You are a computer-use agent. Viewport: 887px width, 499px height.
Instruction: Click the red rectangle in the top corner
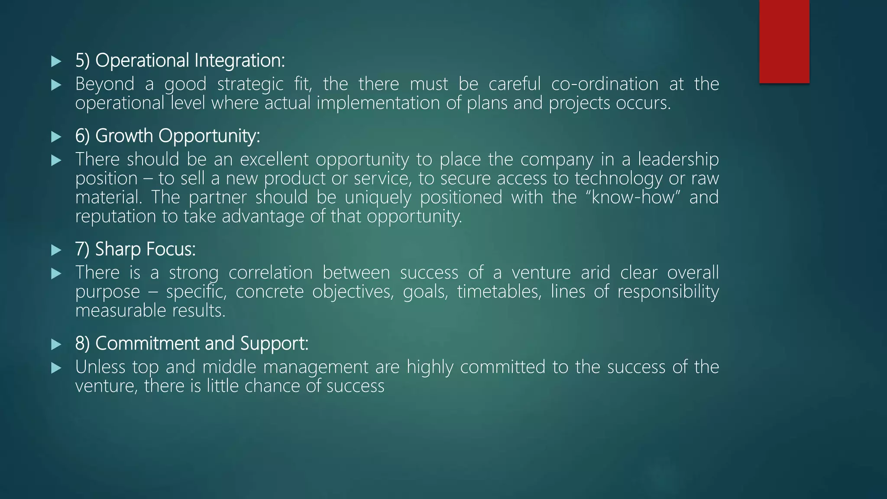(784, 41)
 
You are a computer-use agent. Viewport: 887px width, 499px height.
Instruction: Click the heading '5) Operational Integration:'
(180, 60)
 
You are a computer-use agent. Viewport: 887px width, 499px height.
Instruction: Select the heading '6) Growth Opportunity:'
(168, 136)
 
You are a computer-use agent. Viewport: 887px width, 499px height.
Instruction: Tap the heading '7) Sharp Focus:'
(136, 249)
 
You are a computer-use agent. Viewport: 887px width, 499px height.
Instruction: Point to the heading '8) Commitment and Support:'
(192, 343)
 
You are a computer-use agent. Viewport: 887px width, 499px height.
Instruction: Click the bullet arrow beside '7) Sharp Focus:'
(56, 250)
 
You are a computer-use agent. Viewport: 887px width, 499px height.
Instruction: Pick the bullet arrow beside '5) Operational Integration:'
(56, 61)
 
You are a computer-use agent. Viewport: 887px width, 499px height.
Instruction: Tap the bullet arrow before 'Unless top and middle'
(56, 368)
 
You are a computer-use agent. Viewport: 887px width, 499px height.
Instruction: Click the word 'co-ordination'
(605, 84)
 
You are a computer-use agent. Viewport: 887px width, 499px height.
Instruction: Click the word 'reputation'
(116, 217)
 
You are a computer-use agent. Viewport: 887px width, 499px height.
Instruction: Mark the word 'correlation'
(271, 273)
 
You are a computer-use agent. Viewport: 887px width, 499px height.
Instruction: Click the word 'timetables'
(499, 292)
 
